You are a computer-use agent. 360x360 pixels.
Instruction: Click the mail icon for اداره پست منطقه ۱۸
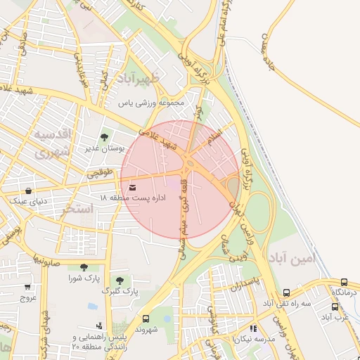[133, 186]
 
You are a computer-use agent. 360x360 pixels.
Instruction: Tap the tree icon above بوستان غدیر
[104, 137]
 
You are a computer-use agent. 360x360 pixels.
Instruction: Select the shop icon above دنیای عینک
[27, 191]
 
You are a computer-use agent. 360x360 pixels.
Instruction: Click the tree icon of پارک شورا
[84, 267]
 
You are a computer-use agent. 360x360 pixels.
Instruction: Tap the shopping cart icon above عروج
[27, 287]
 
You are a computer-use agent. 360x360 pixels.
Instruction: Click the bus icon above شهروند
[146, 319]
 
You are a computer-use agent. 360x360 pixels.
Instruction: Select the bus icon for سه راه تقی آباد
[286, 292]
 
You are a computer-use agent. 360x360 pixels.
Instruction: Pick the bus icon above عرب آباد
[335, 307]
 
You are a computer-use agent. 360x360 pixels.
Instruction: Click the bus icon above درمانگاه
[344, 281]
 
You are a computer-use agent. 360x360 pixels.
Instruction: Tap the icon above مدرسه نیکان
[252, 328]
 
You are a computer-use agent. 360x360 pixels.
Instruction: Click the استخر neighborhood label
[77, 209]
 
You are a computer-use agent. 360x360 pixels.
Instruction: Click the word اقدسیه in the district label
[56, 134]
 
